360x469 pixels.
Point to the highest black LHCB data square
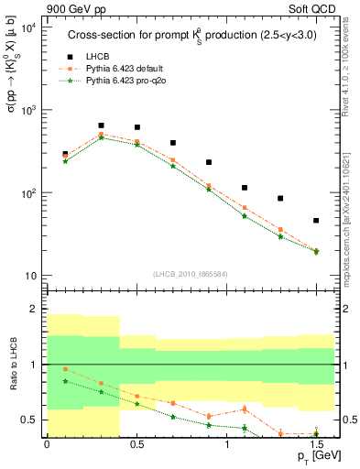click(101, 125)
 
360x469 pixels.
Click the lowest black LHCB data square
click(316, 221)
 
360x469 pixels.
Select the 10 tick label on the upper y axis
click(30, 276)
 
